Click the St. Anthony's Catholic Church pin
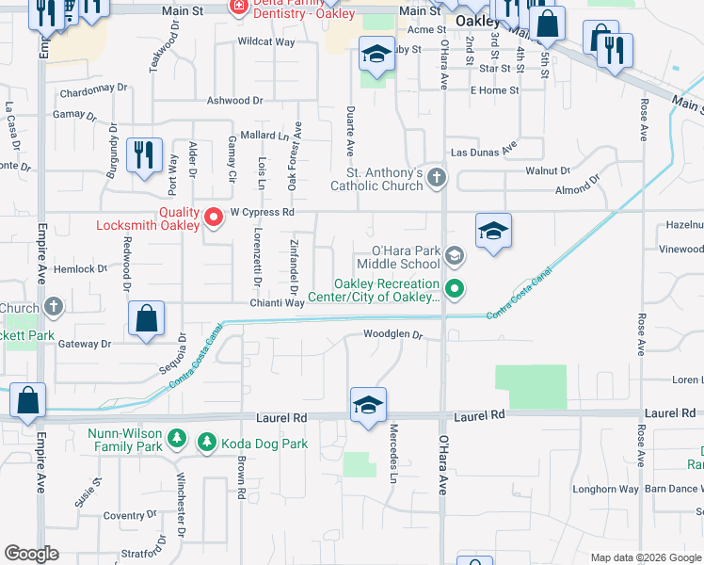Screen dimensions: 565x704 (x=436, y=177)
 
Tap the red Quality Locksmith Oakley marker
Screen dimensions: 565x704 (x=214, y=218)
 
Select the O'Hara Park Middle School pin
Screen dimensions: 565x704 (x=455, y=255)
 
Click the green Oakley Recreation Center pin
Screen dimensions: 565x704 (x=455, y=289)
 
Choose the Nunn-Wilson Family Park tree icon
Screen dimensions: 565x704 (x=176, y=437)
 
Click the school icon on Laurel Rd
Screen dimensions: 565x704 (x=368, y=405)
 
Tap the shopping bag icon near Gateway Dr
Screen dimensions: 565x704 (x=148, y=319)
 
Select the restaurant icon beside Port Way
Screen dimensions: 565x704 (x=144, y=155)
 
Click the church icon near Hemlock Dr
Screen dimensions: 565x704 (x=55, y=307)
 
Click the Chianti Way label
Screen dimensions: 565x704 (x=277, y=302)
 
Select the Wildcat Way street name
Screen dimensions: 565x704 (x=266, y=42)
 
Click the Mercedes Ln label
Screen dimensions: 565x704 (x=395, y=450)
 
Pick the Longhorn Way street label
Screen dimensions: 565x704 (x=606, y=489)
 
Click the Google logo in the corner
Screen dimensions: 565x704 (x=32, y=554)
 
